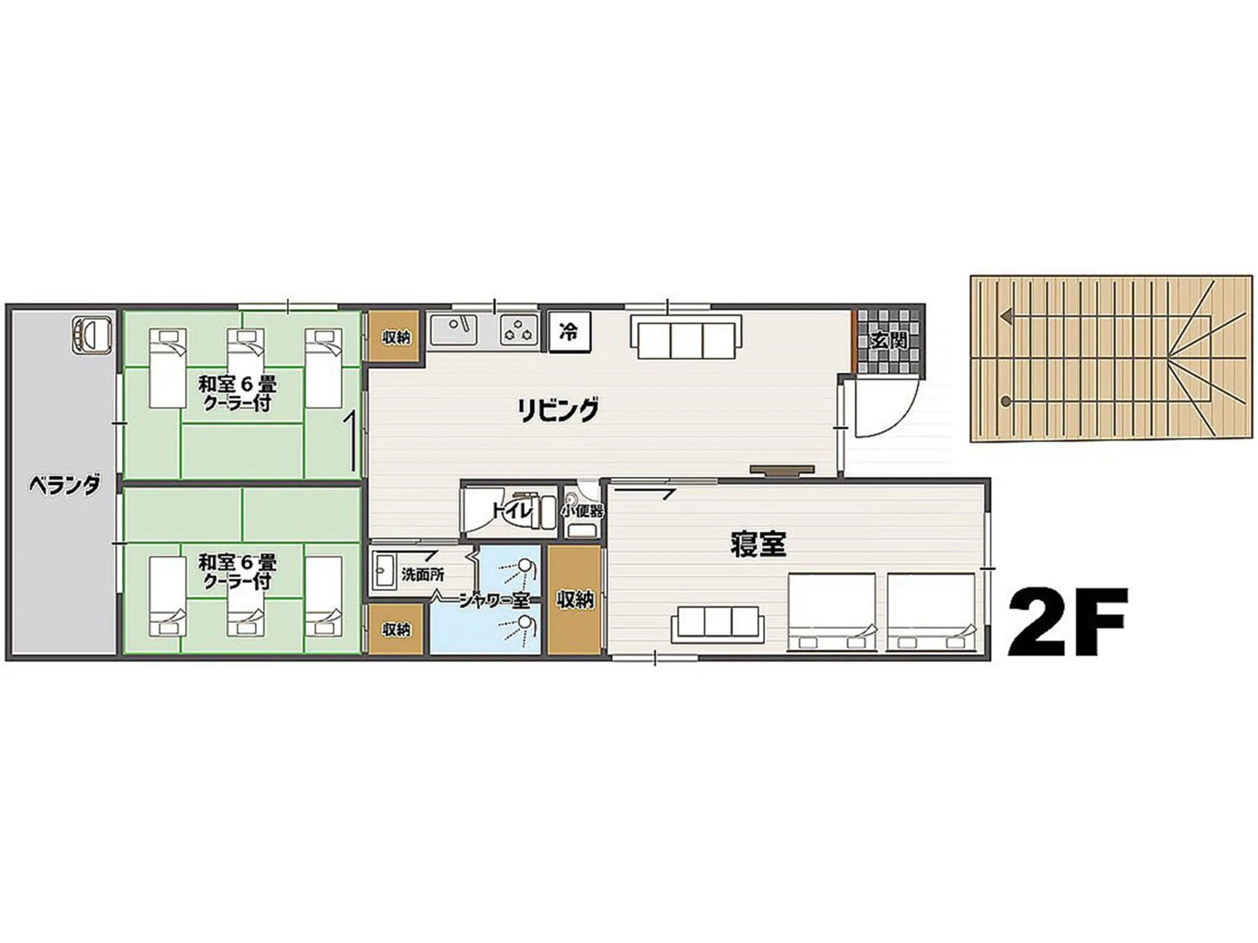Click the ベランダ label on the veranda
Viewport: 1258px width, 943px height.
point(65,486)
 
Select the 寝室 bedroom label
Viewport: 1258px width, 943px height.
point(758,544)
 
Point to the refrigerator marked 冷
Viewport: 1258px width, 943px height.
point(569,332)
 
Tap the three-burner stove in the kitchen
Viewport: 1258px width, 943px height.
point(518,330)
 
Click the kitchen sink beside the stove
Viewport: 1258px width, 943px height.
point(453,330)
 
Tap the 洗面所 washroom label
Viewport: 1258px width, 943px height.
point(422,574)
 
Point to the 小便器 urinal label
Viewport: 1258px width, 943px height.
point(582,510)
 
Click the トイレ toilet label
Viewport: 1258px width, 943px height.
point(513,510)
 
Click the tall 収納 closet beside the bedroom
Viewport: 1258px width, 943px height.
point(575,600)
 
